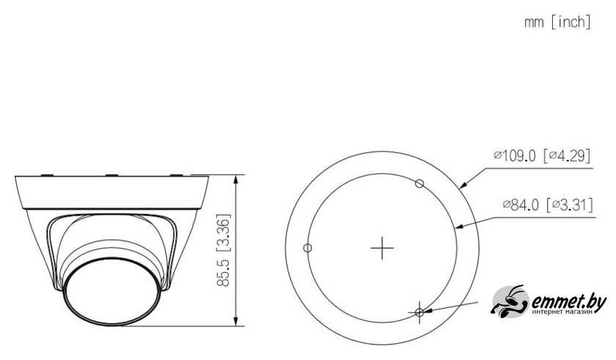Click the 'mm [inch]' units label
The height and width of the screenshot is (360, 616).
(x=557, y=22)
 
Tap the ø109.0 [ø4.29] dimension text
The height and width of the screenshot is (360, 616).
(x=542, y=156)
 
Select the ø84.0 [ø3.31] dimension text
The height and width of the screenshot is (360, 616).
(x=548, y=205)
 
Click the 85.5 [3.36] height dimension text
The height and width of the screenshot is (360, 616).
(x=223, y=250)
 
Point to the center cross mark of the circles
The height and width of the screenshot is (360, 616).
(x=382, y=248)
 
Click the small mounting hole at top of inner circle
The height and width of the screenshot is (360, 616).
(x=419, y=183)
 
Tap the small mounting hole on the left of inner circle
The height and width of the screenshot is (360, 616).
(x=307, y=248)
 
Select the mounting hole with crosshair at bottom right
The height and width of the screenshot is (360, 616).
(x=419, y=312)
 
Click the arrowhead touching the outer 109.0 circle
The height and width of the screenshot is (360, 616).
(x=464, y=185)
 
